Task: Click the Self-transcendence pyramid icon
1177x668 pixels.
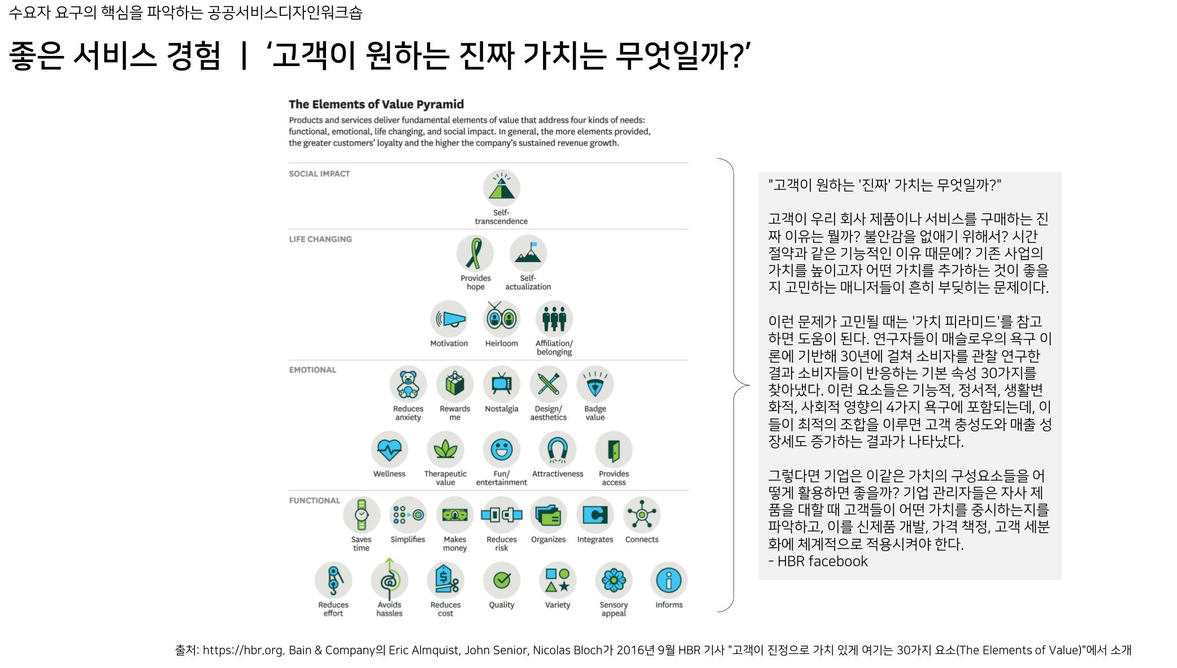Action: (x=501, y=188)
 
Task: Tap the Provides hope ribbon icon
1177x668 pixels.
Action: (x=475, y=254)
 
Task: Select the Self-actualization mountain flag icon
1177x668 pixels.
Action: (x=528, y=254)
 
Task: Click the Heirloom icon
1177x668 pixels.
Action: (x=501, y=318)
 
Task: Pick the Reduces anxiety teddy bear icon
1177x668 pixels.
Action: (x=408, y=384)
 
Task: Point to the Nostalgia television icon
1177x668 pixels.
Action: (x=501, y=384)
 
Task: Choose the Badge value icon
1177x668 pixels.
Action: (x=595, y=384)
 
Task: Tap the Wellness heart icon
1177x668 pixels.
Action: (x=389, y=449)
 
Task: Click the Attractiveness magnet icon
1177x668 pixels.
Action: (x=558, y=449)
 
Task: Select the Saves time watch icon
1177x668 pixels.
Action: (x=362, y=515)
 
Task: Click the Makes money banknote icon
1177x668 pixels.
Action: (x=455, y=515)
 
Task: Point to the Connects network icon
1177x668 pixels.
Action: (x=642, y=515)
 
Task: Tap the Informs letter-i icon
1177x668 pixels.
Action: (x=669, y=580)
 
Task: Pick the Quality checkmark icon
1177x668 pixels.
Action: (x=501, y=580)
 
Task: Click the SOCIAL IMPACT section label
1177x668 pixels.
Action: (x=319, y=174)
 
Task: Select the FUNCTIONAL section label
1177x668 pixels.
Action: (x=315, y=501)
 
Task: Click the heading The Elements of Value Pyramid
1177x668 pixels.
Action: (x=376, y=104)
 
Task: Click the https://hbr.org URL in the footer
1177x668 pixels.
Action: (x=243, y=650)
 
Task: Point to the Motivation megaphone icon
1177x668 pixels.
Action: (x=449, y=318)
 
